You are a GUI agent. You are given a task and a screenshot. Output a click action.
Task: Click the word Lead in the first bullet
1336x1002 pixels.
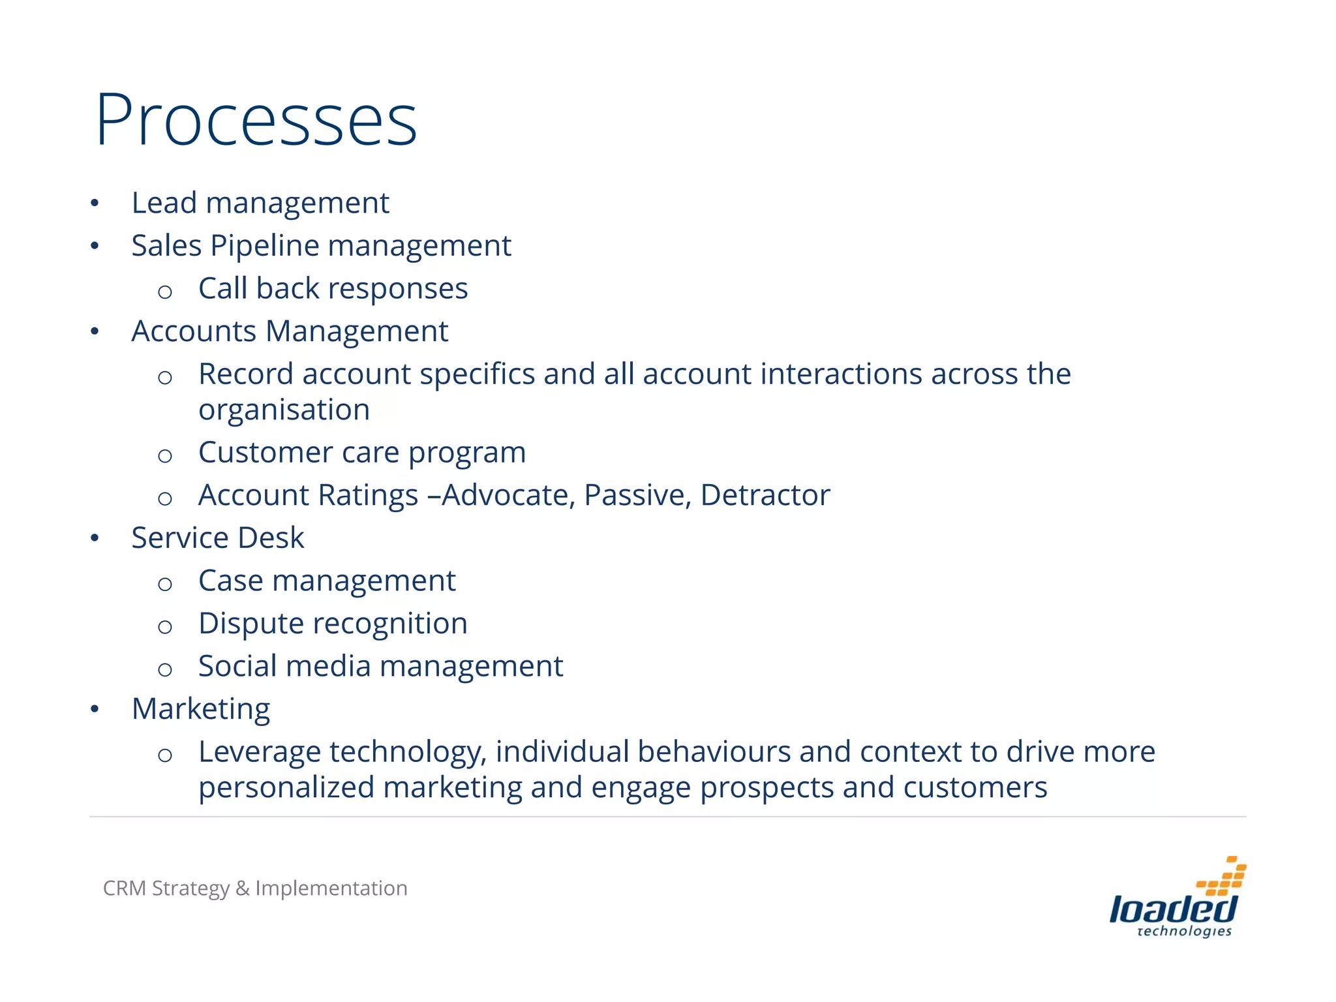[164, 203]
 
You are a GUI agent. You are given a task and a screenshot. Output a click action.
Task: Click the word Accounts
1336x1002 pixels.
[194, 331]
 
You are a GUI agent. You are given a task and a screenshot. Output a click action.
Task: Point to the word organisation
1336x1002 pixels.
[284, 410]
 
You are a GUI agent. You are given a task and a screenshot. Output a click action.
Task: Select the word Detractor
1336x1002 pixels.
[765, 495]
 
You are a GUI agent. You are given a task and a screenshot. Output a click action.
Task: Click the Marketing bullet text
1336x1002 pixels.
[201, 709]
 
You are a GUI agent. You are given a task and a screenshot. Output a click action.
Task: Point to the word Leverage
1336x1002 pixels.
[260, 752]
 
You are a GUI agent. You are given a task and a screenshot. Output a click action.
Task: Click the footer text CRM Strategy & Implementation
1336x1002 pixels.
[255, 888]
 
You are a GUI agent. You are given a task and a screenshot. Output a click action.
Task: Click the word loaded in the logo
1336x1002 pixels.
[1173, 909]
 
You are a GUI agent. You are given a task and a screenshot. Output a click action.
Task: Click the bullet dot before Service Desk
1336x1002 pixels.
[95, 538]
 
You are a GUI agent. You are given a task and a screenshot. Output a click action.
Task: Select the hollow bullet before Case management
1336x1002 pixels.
[165, 583]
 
